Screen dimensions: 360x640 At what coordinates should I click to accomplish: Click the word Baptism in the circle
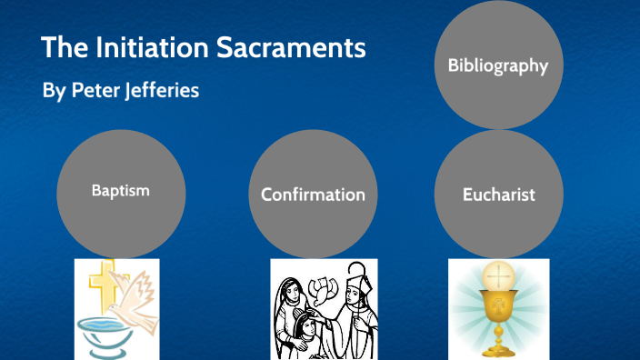coord(120,191)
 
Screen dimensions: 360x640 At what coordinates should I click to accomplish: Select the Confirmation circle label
coord(313,195)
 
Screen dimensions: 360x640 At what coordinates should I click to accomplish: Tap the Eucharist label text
coord(497,195)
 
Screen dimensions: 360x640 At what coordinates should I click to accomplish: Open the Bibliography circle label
coord(497,65)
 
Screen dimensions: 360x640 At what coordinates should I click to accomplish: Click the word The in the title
coord(61,48)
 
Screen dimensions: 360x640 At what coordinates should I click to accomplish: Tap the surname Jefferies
coord(161,92)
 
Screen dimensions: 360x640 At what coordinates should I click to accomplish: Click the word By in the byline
coord(53,92)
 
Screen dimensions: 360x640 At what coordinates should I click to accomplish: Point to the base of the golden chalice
coord(498,351)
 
